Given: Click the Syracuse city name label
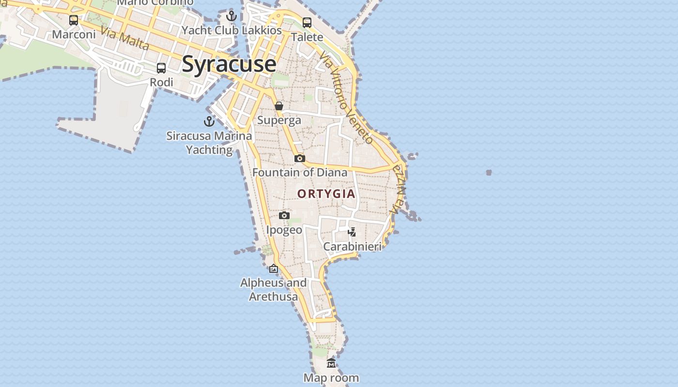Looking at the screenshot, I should point(229,64).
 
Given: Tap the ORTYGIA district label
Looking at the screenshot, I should point(326,194).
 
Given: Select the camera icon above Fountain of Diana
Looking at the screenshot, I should point(300,158).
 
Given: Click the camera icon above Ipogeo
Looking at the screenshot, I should point(284,215).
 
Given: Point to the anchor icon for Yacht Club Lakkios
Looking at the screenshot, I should point(231,16).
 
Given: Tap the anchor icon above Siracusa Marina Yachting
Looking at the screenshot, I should point(209,121).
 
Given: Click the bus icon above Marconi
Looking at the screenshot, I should point(74,20).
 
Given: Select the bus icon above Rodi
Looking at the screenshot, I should point(161,68).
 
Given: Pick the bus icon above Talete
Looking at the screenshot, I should point(307,22).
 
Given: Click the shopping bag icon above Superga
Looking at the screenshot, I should point(279,106).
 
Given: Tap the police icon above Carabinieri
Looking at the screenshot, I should point(352,232).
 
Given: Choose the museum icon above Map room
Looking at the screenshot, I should point(331,363).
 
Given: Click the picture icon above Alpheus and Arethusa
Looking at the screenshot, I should point(274,268).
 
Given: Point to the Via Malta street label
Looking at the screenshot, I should point(125,38).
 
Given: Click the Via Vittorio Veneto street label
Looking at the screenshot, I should point(347,99).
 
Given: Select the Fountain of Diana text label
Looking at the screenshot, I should point(300,172).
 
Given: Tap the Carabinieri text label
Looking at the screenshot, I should point(353,247).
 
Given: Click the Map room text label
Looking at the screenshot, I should point(331,378).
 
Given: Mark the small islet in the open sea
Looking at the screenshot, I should point(489,172).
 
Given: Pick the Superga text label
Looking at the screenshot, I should point(279,120).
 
